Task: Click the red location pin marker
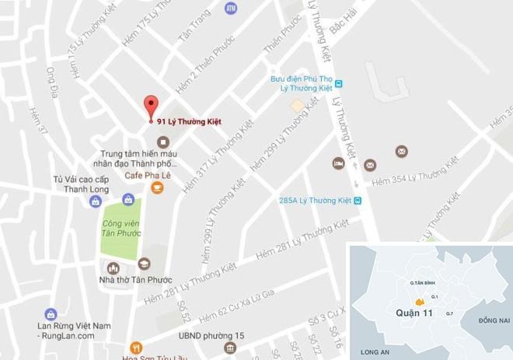point(152,107)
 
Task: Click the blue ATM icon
point(230,8)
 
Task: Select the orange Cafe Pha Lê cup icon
point(157,187)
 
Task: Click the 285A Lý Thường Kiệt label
point(315,201)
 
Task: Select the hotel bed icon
point(338,163)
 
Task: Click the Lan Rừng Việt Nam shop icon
point(51,314)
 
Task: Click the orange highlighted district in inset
point(419,302)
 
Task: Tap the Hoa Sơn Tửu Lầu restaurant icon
point(137,347)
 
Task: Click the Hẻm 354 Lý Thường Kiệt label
point(415,174)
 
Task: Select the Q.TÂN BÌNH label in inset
point(424,284)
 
